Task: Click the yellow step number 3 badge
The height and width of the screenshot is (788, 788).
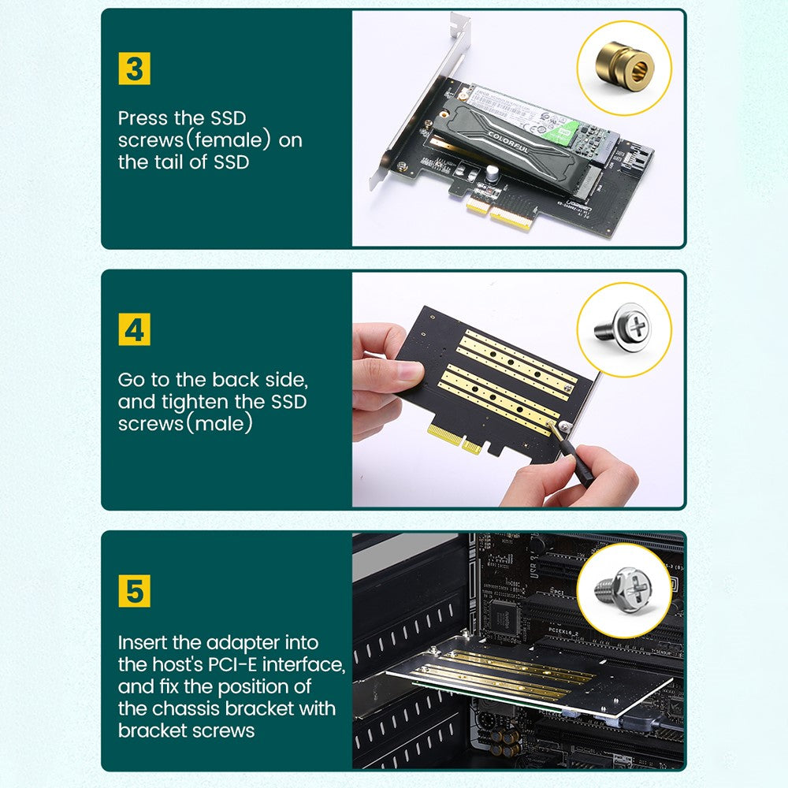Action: pyautogui.click(x=135, y=69)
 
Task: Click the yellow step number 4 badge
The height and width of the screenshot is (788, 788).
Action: pyautogui.click(x=135, y=329)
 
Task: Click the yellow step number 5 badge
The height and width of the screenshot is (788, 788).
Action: pyautogui.click(x=135, y=590)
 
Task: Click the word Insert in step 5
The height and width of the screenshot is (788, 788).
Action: pyautogui.click(x=145, y=642)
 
